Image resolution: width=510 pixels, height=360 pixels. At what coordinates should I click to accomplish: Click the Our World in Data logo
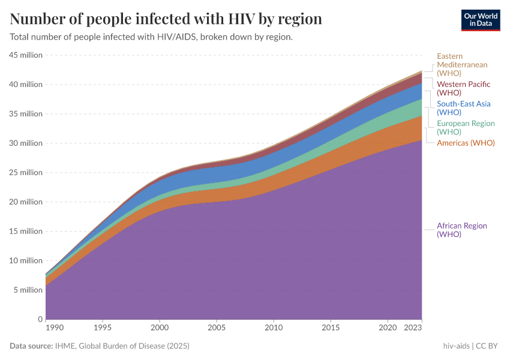(480, 20)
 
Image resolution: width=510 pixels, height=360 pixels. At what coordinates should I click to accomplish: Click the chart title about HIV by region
(166, 19)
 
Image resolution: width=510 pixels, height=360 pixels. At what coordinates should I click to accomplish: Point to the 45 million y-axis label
(26, 55)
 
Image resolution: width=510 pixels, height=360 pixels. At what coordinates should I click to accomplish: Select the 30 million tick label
(26, 143)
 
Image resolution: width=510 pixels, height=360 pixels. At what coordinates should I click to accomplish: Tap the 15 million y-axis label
(26, 232)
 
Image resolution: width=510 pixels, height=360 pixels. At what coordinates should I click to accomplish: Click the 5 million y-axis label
(28, 290)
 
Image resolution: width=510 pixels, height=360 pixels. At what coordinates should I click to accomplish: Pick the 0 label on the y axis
(40, 319)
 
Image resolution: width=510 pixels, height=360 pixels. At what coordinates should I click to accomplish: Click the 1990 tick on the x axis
(46, 328)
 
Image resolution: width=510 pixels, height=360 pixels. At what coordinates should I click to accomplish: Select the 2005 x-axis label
(217, 328)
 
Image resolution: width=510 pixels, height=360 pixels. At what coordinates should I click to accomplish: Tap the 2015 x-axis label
(331, 328)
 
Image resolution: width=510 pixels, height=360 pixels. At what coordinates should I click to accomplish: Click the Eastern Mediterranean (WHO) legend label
(462, 65)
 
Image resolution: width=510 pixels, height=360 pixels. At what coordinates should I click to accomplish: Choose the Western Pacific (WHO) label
(463, 88)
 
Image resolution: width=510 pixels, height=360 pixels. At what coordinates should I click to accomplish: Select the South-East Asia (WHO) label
(463, 108)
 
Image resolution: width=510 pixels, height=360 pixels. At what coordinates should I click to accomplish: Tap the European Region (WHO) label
(466, 127)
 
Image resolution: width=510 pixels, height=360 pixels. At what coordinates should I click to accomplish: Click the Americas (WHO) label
(466, 143)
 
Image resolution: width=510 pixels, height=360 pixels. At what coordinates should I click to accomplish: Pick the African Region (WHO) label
(461, 230)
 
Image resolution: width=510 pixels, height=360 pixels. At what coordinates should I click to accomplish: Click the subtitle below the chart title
(151, 37)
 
